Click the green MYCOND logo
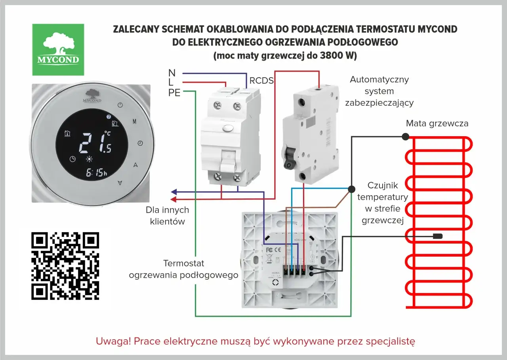tap(58, 50)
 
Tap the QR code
tap(65, 266)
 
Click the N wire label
tap(172, 73)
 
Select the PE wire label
tap(174, 93)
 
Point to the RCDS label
tap(261, 81)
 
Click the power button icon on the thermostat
tap(121, 105)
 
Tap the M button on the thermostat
tap(134, 122)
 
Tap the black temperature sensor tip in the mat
tap(437, 236)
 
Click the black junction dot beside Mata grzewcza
tap(405, 137)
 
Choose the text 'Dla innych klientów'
tap(167, 216)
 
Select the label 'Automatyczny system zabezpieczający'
tap(379, 91)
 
